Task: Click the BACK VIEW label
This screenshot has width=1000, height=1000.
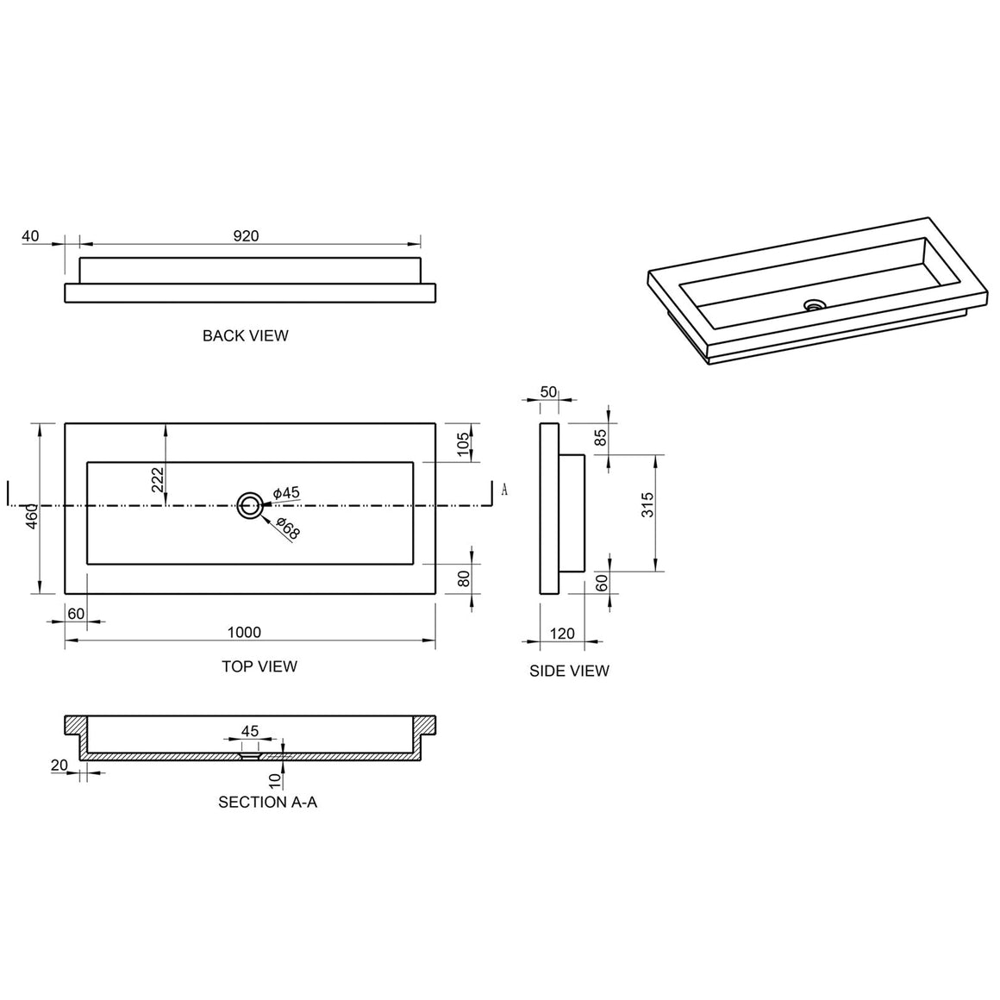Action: (246, 335)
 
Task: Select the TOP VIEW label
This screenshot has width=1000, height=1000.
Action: (259, 666)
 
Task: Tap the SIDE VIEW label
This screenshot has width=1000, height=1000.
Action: (569, 671)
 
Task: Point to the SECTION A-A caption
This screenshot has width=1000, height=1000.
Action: (268, 803)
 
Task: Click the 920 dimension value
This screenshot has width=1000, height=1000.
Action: (247, 236)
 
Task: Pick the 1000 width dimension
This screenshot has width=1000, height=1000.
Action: (244, 632)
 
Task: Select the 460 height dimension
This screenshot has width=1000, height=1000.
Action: (33, 516)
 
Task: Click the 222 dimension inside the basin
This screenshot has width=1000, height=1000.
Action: (158, 479)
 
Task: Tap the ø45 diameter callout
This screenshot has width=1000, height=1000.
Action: (286, 493)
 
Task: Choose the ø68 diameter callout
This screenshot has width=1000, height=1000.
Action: (288, 528)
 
